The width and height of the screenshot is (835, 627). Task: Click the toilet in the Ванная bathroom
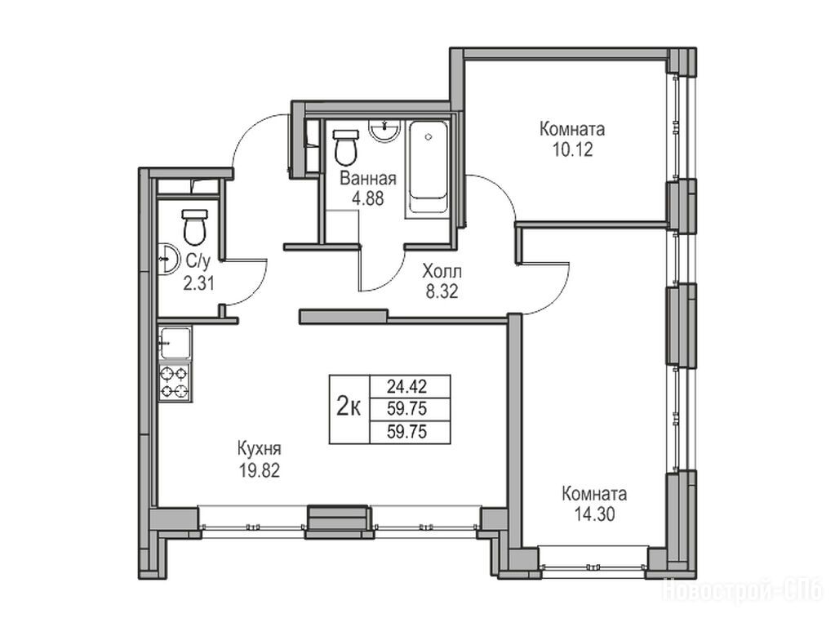[x=345, y=148]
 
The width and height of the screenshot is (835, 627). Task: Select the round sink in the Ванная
[x=384, y=131]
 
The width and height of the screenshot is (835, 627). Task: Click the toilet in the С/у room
[x=194, y=227]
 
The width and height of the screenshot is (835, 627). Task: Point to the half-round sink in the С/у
[x=168, y=259]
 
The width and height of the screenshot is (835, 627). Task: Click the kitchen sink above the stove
[x=175, y=344]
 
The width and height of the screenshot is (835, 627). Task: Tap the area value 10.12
[x=572, y=149]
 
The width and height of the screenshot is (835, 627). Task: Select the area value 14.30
[x=594, y=514]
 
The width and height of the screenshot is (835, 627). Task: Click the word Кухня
[x=259, y=450]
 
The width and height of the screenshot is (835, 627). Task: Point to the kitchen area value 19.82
[x=260, y=470]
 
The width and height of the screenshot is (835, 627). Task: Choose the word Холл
[x=442, y=272]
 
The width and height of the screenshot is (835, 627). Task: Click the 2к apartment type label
[x=349, y=408]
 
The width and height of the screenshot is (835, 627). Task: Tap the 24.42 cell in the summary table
[x=407, y=385]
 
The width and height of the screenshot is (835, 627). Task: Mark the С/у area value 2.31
[x=198, y=283]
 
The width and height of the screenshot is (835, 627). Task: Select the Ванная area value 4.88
[x=367, y=198]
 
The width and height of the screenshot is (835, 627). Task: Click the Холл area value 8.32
[x=442, y=291]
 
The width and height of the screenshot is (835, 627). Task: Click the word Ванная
[x=368, y=179]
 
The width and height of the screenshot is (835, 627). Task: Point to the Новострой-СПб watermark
[x=742, y=591]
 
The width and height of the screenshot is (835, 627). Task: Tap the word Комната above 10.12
[x=572, y=129]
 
